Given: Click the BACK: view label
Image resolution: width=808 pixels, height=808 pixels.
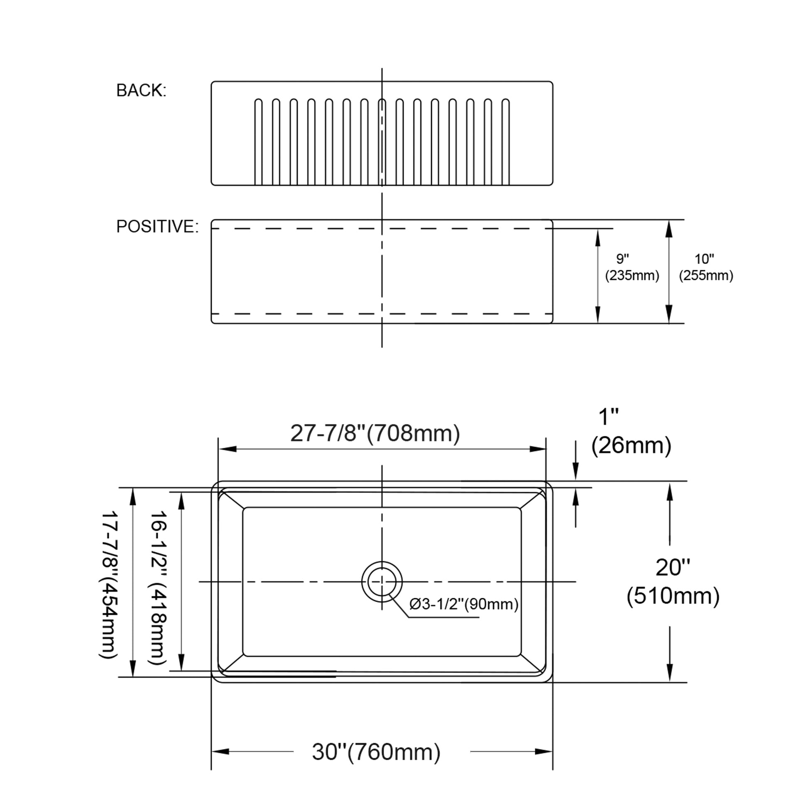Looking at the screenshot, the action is point(141,91).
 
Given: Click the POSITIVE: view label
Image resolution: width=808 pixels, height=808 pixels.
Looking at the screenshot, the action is point(157,226).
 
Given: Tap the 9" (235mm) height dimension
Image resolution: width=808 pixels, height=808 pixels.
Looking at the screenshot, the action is point(632,267).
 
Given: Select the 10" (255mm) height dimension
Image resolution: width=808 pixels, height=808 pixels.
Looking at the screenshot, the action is point(706,267).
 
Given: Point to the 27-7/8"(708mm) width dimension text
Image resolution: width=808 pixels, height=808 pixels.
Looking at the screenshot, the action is point(375,433).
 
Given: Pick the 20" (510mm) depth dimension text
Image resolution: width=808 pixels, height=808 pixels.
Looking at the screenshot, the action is point(673,582).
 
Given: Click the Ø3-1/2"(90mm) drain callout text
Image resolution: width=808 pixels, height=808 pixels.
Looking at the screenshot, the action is point(464,604).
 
